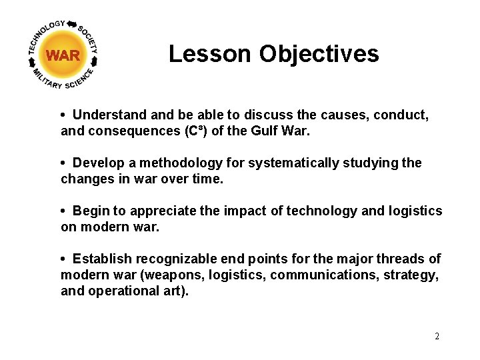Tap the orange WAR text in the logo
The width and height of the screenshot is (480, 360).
[63, 56]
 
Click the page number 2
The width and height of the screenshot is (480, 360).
[437, 336]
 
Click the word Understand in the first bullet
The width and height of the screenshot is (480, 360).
[107, 115]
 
